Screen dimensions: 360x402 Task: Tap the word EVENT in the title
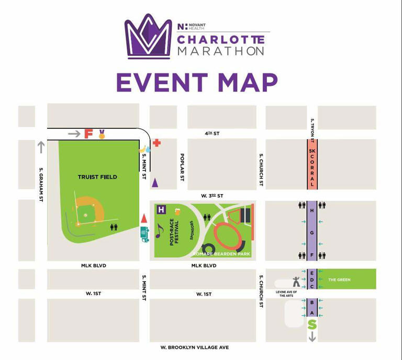[161, 83]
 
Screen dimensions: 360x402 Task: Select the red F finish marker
[88, 133]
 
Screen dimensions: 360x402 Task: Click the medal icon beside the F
[102, 134]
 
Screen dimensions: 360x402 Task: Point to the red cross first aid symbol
[157, 142]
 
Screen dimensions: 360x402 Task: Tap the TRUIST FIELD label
[97, 177]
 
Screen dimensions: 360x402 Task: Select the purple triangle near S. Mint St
[155, 183]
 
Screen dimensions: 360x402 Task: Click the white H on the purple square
[161, 210]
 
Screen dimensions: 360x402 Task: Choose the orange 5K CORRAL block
[312, 163]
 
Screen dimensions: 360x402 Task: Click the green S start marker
[312, 325]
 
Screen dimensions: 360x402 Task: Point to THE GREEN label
[339, 280]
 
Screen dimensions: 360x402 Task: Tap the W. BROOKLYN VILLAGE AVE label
[195, 347]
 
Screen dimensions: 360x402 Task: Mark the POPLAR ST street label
[182, 167]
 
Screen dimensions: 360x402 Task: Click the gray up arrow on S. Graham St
[41, 148]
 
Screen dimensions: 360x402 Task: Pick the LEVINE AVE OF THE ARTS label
[286, 294]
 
